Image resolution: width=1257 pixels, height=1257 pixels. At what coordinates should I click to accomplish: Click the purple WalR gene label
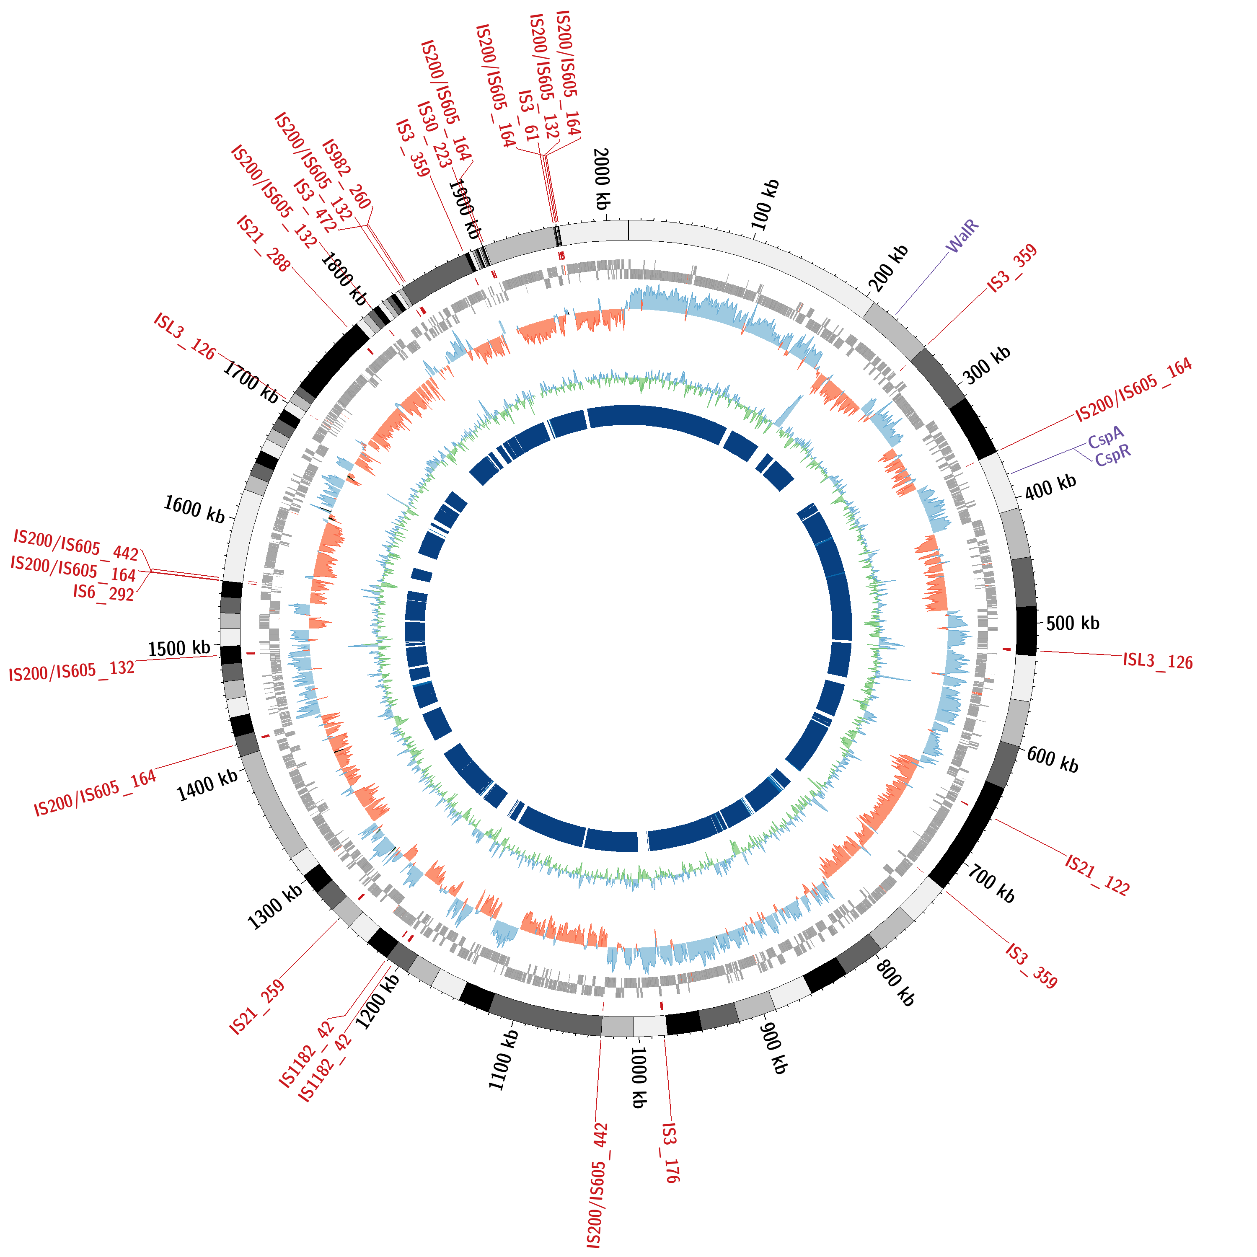(963, 237)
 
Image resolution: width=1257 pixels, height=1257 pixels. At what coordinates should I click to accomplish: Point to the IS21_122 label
(1097, 876)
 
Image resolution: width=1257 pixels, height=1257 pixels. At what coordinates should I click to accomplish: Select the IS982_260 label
(347, 174)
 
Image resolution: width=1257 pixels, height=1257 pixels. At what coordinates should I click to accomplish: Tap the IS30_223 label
(434, 134)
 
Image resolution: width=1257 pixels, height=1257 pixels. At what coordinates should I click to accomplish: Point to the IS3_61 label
(528, 116)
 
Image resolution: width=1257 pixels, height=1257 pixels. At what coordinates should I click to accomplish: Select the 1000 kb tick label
(639, 1077)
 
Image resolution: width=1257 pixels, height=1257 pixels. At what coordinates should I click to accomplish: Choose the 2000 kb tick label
(602, 179)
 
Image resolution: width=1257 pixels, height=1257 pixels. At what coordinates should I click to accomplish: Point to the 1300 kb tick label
(274, 906)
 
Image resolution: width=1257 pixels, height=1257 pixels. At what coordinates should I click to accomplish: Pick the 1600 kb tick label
(194, 510)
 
